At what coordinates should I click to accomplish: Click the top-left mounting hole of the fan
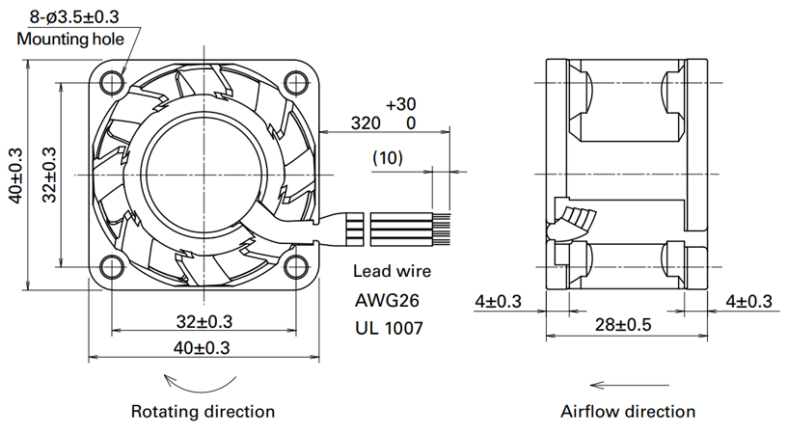pos(112,82)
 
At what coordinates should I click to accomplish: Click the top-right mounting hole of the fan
pos(296,82)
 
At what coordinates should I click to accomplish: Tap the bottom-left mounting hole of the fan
pos(112,267)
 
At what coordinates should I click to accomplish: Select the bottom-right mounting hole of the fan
pos(296,267)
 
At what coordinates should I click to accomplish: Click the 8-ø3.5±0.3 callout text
pos(74,16)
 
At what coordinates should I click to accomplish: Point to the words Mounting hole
pos(70,39)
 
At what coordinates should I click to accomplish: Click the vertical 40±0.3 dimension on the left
pos(15,175)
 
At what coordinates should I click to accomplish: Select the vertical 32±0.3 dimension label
pos(49,175)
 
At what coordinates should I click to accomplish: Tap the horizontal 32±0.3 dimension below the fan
pos(204,321)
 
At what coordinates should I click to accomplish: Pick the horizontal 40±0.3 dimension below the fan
pos(202,347)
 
